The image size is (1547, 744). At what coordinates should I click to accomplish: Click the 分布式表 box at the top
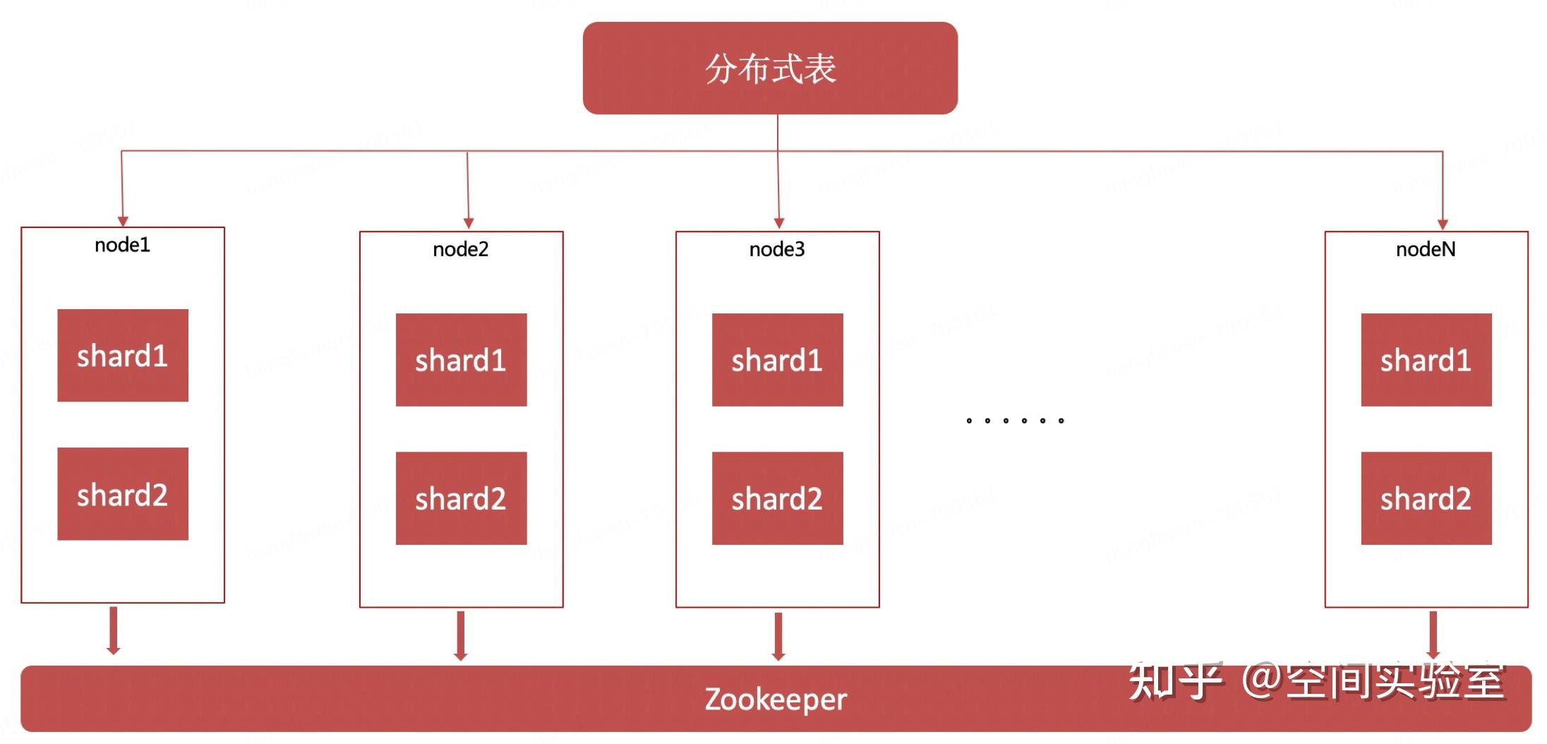[x=770, y=68]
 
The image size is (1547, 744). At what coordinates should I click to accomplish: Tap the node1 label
[x=122, y=245]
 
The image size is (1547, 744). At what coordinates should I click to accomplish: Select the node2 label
[x=460, y=249]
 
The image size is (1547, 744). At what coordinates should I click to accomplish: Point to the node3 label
[x=776, y=249]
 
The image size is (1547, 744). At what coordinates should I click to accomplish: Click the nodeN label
[x=1425, y=249]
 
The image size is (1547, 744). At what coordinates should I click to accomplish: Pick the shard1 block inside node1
[x=123, y=356]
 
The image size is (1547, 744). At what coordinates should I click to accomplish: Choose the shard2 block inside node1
[x=123, y=494]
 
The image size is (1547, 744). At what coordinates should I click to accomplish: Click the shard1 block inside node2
[x=461, y=360]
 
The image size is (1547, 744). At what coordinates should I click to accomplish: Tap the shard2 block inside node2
[x=461, y=498]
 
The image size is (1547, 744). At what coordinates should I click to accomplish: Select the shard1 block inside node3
[x=777, y=360]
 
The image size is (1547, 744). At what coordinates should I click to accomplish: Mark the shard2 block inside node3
[x=777, y=498]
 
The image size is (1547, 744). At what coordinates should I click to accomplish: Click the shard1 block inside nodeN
[x=1426, y=360]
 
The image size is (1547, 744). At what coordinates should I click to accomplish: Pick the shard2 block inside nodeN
[x=1426, y=498]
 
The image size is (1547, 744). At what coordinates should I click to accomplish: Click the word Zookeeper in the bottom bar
[x=775, y=700]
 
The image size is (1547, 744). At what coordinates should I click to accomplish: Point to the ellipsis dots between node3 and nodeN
[x=1014, y=421]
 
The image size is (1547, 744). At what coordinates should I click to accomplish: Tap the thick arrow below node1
[x=113, y=630]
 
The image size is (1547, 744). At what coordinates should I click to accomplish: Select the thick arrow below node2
[x=460, y=635]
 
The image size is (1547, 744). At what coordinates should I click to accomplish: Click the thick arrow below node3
[x=778, y=636]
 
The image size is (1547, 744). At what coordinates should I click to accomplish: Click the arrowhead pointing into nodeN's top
[x=1443, y=224]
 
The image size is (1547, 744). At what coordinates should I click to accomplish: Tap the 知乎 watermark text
[x=1174, y=681]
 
